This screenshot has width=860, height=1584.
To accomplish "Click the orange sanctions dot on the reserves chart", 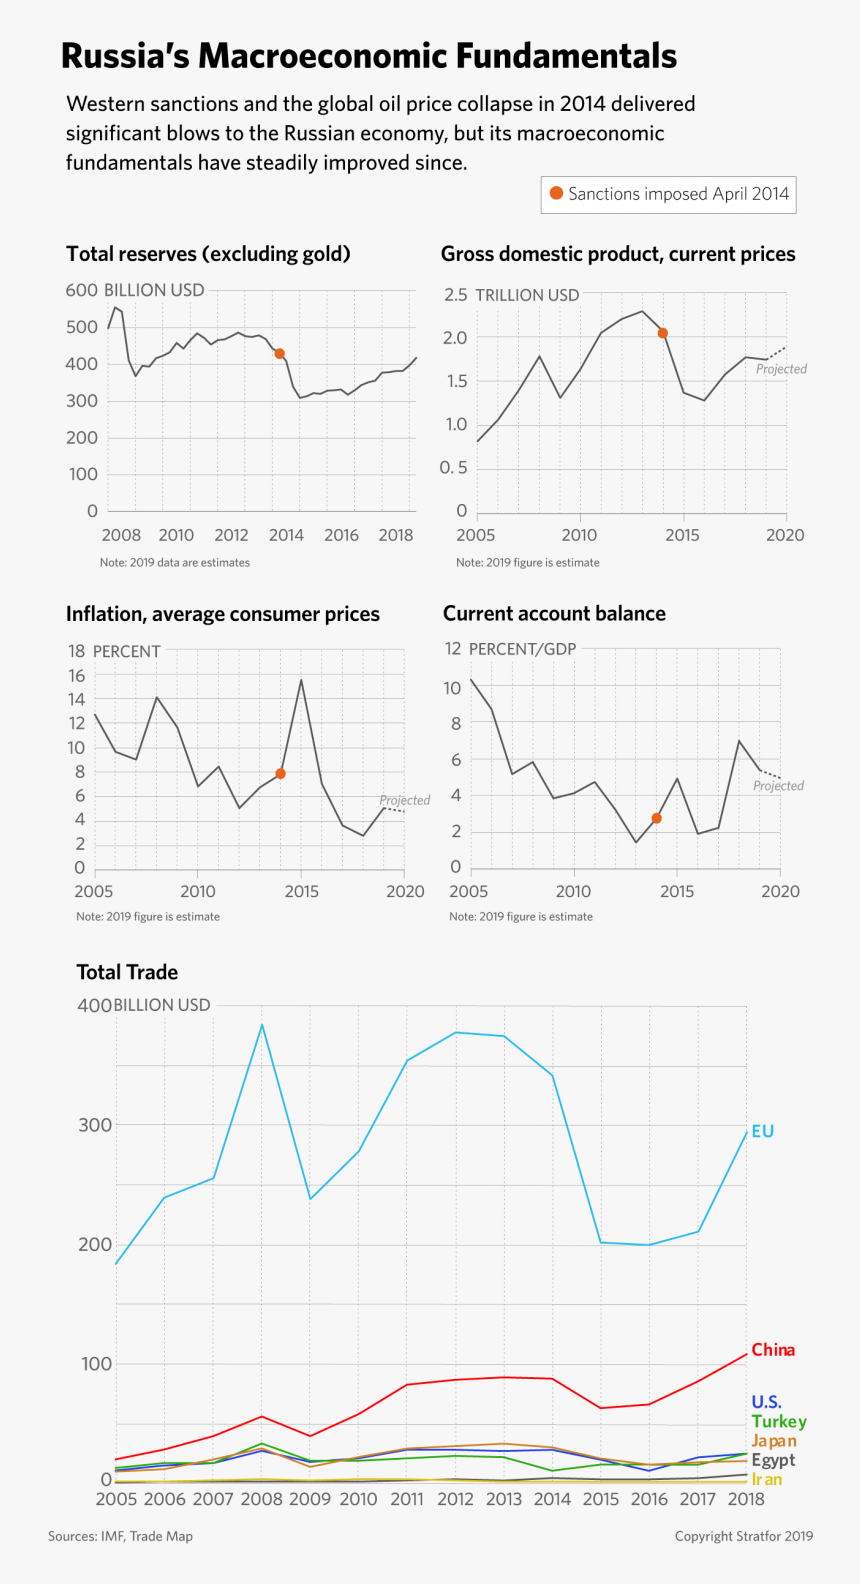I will [280, 354].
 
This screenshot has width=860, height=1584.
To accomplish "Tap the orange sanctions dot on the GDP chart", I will [662, 333].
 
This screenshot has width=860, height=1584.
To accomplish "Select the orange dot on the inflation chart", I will [280, 774].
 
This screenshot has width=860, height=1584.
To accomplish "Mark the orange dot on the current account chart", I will [656, 818].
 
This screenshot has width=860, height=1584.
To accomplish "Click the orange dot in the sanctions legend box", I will [556, 193].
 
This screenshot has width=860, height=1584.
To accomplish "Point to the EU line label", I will [763, 1131].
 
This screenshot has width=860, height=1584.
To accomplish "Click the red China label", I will [773, 1350].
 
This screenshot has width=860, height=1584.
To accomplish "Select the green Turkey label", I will [779, 1421].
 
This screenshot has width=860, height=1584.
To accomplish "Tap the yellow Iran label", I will [767, 1479].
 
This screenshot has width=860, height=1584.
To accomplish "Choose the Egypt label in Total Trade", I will [773, 1460].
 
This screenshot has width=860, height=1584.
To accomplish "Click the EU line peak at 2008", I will [262, 1024].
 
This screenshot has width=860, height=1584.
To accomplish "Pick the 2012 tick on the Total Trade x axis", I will [455, 1499].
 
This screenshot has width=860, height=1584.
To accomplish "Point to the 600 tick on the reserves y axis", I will [81, 290].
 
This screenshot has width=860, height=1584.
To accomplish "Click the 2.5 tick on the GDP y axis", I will [455, 294].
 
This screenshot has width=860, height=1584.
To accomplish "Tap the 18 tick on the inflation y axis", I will [77, 651].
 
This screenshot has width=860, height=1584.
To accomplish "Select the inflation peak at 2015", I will [301, 680].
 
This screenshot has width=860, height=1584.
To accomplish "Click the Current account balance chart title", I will [554, 614].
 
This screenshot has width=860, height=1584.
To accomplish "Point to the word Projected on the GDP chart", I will [781, 369].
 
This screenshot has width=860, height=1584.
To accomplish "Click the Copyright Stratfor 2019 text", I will [743, 1536].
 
